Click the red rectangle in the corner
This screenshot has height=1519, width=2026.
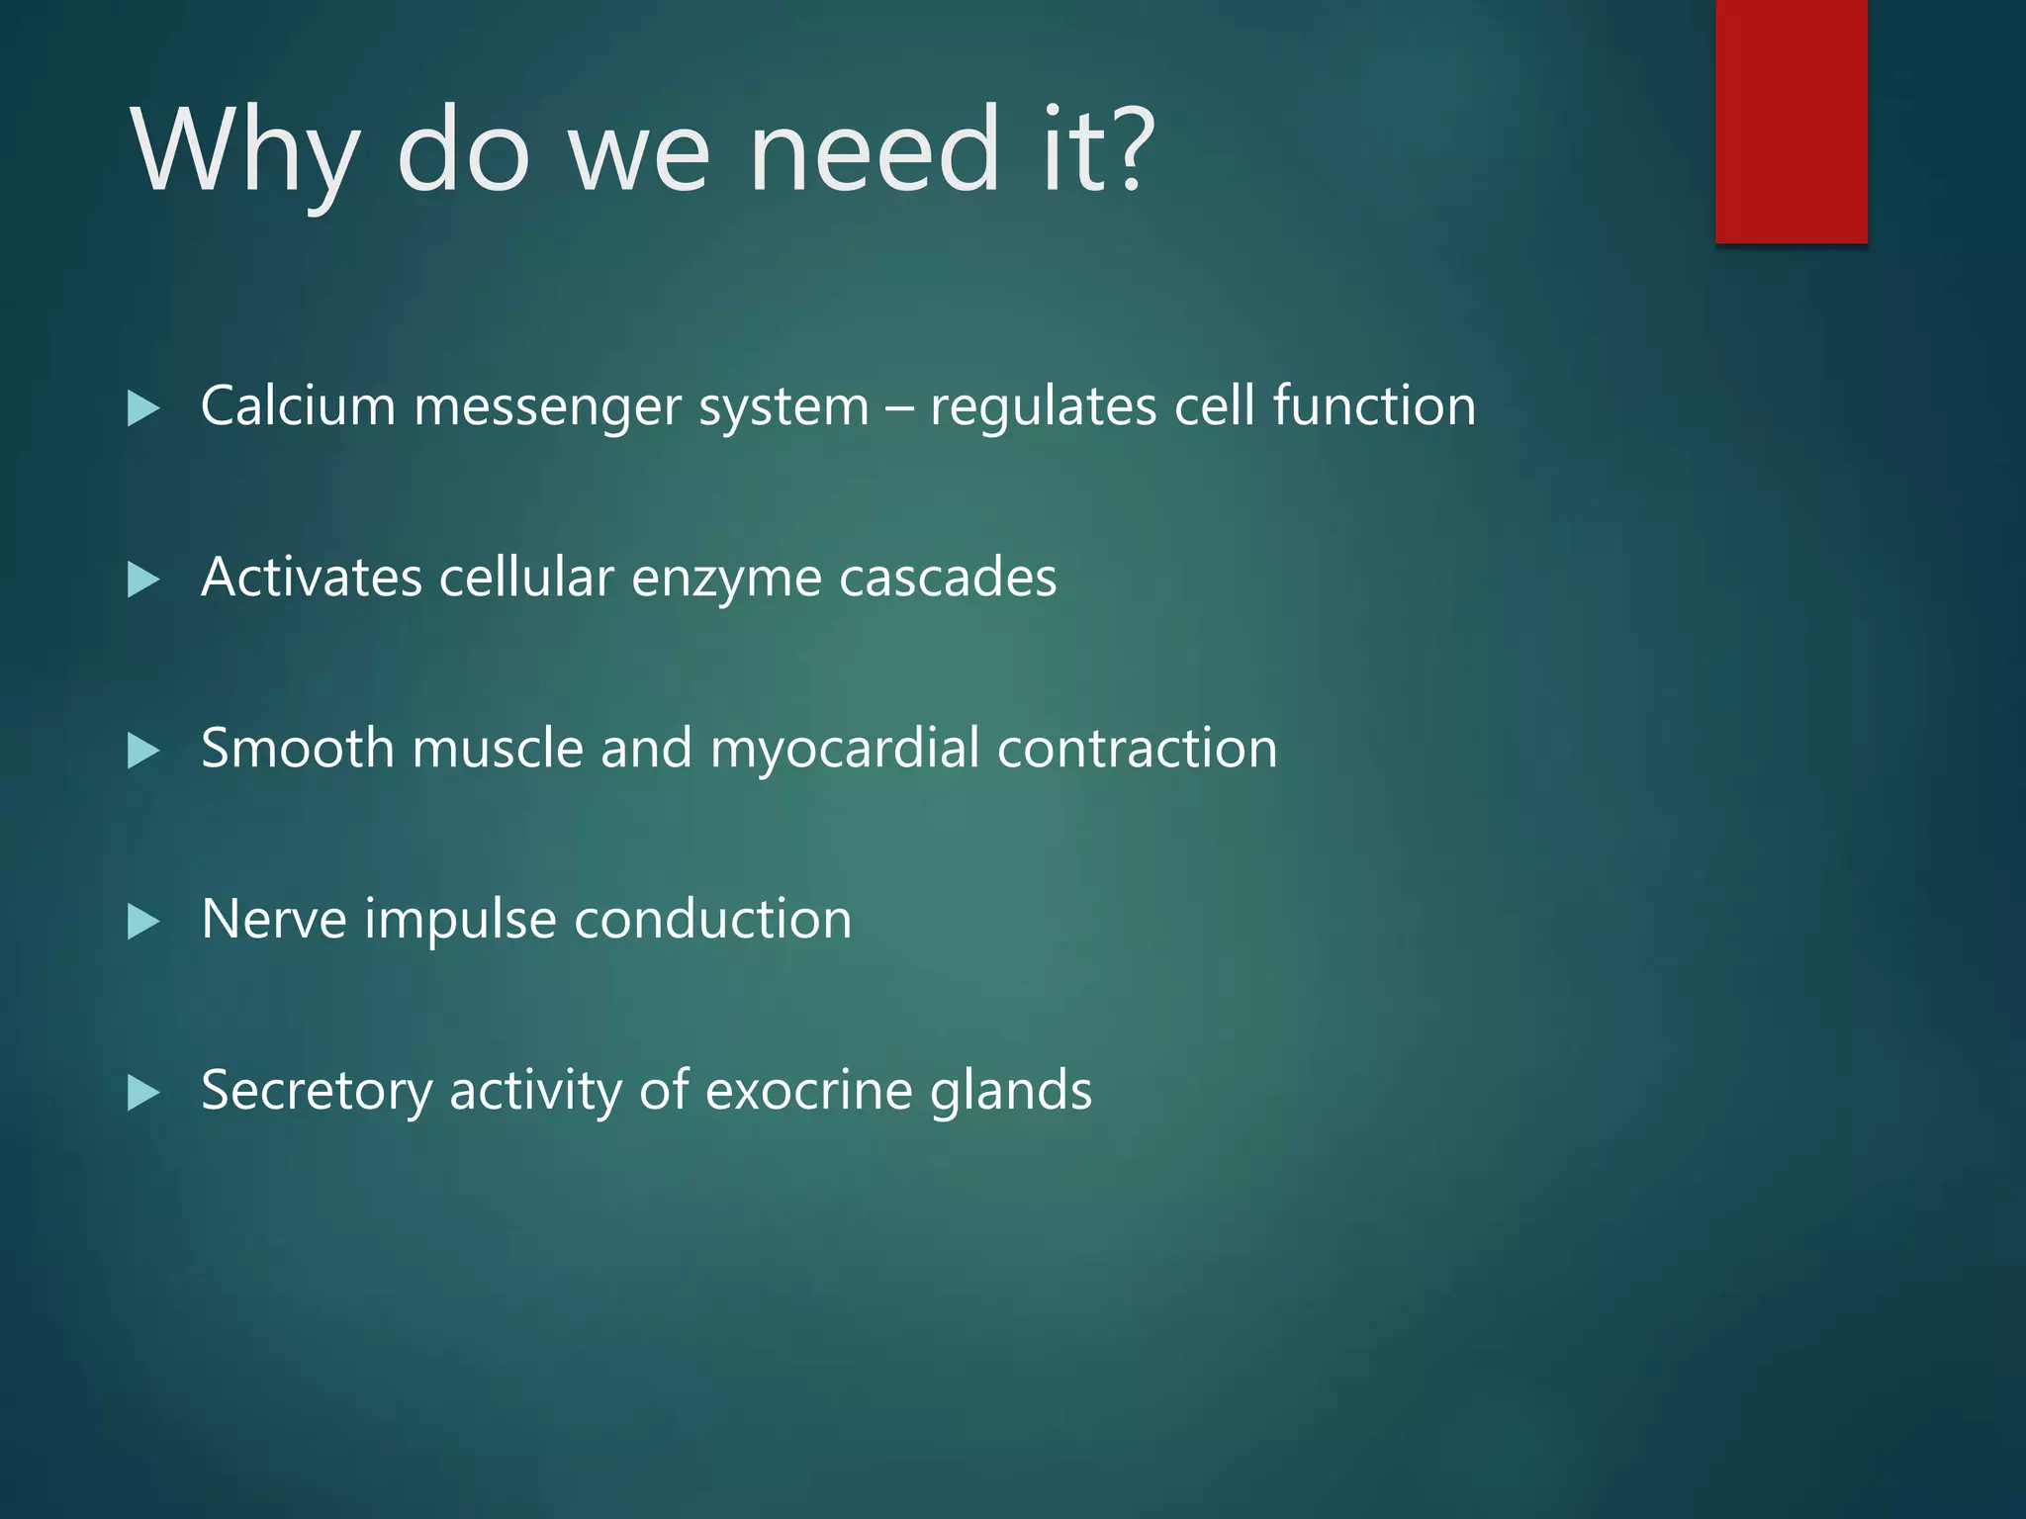pyautogui.click(x=1791, y=121)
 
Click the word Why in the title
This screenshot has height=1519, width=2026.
pyautogui.click(x=243, y=151)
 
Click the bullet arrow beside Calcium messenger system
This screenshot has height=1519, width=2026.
pyautogui.click(x=143, y=408)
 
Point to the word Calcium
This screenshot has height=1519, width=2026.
pyautogui.click(x=298, y=405)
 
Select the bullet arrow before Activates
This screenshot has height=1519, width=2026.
pyautogui.click(x=143, y=580)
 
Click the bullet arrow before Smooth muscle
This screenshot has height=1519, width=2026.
pyautogui.click(x=143, y=751)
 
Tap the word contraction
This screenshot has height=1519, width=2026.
pyautogui.click(x=1137, y=749)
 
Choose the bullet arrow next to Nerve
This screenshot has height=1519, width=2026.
pyautogui.click(x=143, y=922)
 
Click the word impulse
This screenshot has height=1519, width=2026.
pyautogui.click(x=460, y=921)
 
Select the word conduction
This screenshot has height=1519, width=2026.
pyautogui.click(x=712, y=920)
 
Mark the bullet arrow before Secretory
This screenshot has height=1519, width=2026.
pyautogui.click(x=143, y=1093)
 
